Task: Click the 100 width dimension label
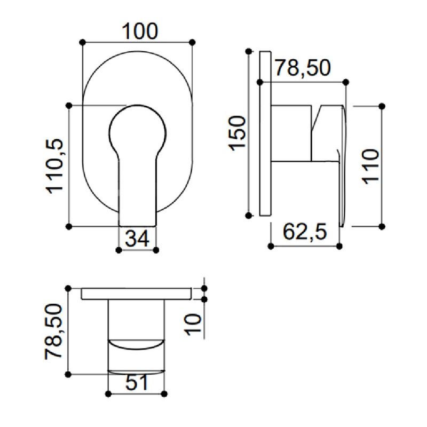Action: [140, 31]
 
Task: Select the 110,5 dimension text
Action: [55, 166]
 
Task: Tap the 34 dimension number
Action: [137, 239]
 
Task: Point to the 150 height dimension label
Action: [237, 133]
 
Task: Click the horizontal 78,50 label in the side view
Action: [303, 68]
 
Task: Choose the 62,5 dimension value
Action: [305, 232]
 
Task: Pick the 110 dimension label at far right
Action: [370, 167]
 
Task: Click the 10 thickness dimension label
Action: [193, 324]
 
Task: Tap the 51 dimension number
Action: [137, 382]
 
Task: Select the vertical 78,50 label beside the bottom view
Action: [54, 331]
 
